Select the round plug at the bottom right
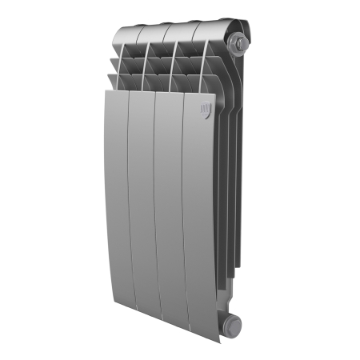click(231, 324)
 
